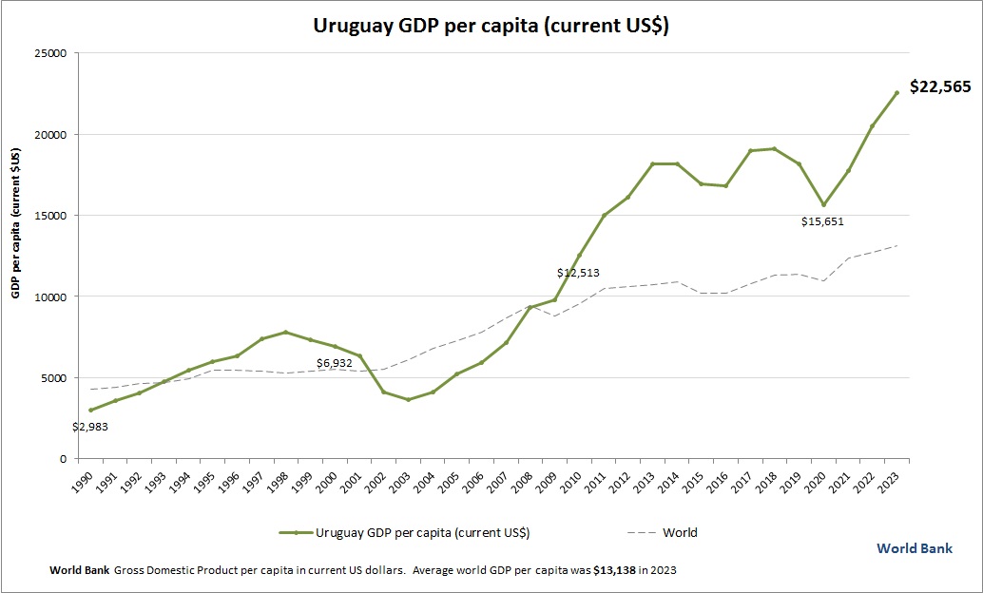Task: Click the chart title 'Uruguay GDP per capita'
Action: click(x=491, y=26)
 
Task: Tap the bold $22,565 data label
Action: click(x=939, y=86)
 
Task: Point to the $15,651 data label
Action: click(x=822, y=221)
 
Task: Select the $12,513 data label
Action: click(x=578, y=273)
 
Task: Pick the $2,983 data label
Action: click(x=90, y=427)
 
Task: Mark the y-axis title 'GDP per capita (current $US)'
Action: click(x=15, y=223)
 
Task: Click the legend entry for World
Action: click(x=679, y=533)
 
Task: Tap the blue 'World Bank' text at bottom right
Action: click(x=914, y=548)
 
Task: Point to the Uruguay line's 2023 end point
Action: click(x=896, y=92)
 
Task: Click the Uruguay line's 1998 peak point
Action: click(x=286, y=333)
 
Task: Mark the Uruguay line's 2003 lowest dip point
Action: click(x=408, y=399)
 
